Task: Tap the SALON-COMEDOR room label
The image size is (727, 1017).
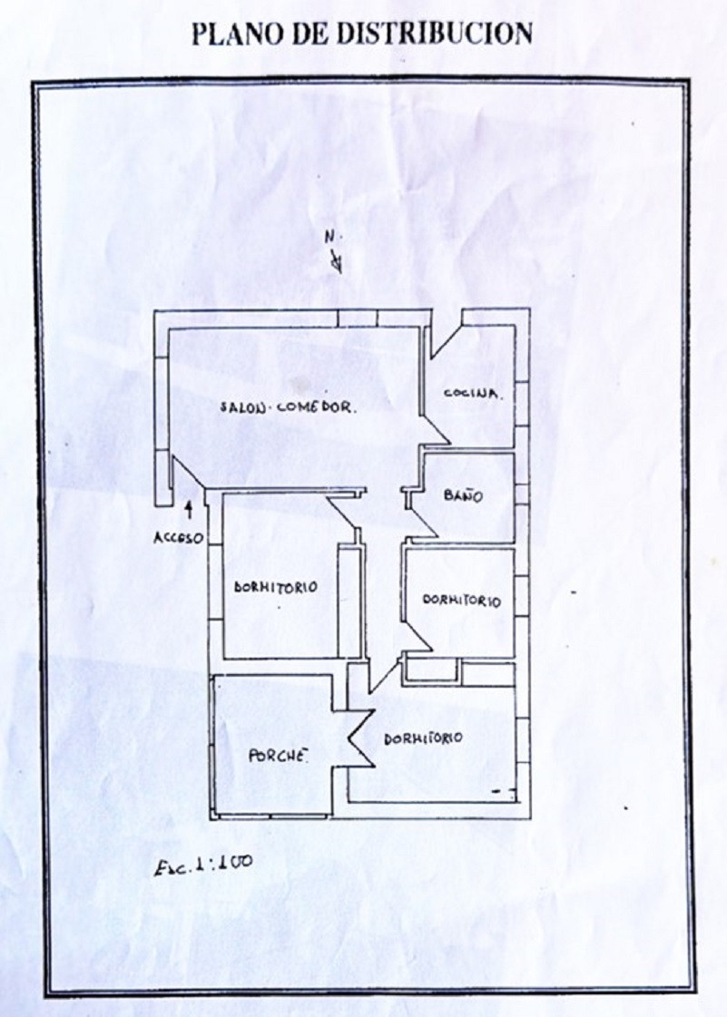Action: [x=289, y=408]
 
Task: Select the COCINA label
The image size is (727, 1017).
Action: [x=473, y=393]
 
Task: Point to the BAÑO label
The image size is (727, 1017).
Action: [x=464, y=495]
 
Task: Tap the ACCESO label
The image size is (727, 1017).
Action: [x=179, y=538]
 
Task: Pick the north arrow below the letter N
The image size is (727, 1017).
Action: [x=336, y=260]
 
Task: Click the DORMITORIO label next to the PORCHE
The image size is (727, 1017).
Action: [x=423, y=738]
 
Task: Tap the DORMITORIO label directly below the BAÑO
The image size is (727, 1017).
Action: [x=462, y=600]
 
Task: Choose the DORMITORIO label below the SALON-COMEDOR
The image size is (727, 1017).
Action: [x=276, y=587]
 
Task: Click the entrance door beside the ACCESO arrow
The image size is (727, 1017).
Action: [x=188, y=471]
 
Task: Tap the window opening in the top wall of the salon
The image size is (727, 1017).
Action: [x=358, y=318]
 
